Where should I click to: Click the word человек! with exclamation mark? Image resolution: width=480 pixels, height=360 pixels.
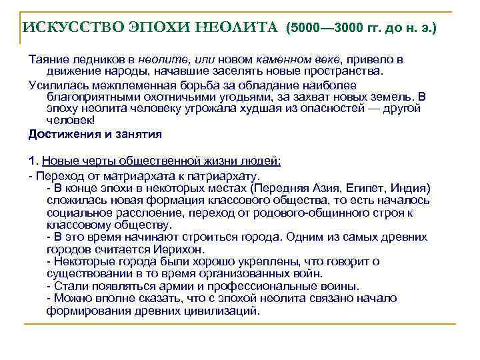point(71,121)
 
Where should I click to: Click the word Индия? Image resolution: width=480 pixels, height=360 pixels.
point(414,187)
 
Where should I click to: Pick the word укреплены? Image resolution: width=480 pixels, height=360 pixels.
point(270,261)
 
